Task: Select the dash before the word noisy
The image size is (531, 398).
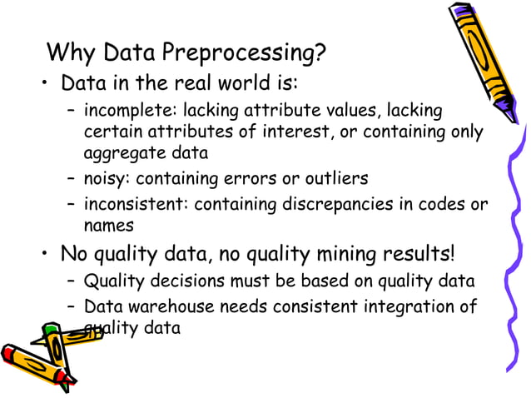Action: [x=72, y=179]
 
